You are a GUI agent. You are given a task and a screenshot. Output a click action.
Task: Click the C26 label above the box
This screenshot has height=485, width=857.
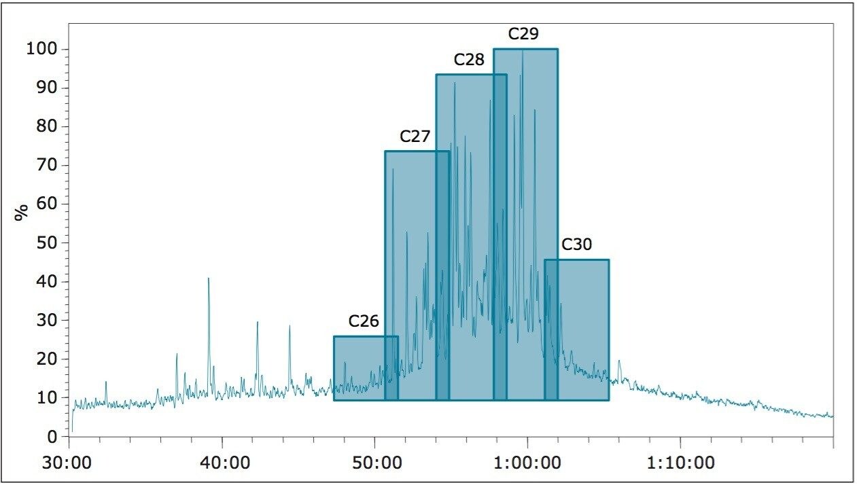364,321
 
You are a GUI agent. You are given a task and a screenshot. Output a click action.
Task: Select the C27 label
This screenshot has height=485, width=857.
415,137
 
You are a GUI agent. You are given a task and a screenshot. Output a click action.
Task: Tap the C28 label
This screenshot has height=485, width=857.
469,60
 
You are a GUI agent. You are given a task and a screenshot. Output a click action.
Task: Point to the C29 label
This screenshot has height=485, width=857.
523,34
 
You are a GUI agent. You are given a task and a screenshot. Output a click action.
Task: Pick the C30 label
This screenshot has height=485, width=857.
576,245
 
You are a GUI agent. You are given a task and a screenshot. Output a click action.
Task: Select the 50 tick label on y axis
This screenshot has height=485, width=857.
46,242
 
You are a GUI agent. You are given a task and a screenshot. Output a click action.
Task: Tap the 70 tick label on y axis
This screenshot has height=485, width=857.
46,165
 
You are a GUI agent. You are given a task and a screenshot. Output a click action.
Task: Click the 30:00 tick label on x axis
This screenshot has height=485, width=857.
70,464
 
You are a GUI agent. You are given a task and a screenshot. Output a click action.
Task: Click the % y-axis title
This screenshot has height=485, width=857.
21,212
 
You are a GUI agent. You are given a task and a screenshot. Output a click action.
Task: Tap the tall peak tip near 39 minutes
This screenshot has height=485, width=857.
209,279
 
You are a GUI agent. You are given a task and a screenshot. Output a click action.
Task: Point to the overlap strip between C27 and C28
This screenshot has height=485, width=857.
442,272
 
